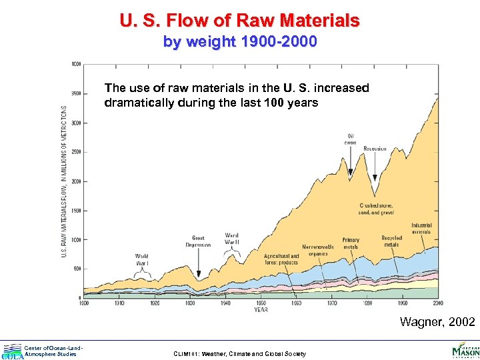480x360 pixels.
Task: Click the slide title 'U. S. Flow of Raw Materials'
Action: tap(240, 20)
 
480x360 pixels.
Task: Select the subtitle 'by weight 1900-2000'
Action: tap(240, 42)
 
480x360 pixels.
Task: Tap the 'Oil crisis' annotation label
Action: tap(351, 139)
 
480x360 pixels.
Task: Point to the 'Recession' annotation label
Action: tap(375, 149)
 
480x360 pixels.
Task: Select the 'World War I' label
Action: tap(142, 259)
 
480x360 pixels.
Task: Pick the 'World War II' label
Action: tap(231, 239)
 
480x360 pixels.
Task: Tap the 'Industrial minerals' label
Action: tap(421, 228)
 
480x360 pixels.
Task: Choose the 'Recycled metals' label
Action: tap(392, 241)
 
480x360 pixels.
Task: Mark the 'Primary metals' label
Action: tap(351, 243)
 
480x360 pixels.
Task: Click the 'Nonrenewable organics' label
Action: tap(318, 250)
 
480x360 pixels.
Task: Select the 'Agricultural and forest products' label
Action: tap(281, 259)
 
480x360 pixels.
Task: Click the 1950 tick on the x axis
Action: tap(261, 303)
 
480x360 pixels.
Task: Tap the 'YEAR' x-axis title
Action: tap(261, 309)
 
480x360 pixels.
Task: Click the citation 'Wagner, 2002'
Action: tap(437, 323)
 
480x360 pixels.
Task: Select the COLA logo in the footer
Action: tap(11, 351)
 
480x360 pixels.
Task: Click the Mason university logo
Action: tap(465, 349)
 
